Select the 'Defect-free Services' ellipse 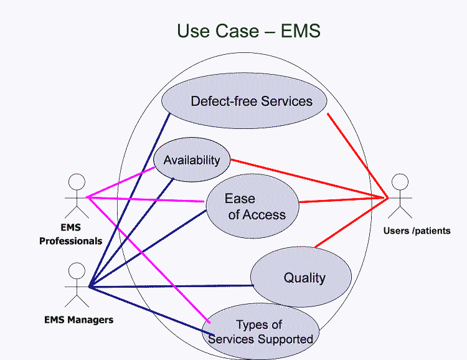pos(245,101)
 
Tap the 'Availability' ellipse pos(192,160)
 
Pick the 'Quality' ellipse pos(302,277)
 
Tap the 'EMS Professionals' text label pos(70,235)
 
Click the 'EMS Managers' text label pos(79,320)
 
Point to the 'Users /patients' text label pos(417,231)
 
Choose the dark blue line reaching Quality pos(171,287)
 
